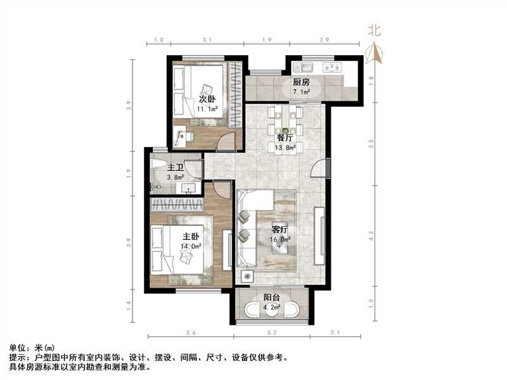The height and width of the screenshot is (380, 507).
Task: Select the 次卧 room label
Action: pyautogui.click(x=207, y=99)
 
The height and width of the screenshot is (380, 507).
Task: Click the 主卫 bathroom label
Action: pyautogui.click(x=176, y=168)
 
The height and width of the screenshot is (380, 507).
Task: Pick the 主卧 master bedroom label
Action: pyautogui.click(x=191, y=237)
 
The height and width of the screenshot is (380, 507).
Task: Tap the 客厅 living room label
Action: pyautogui.click(x=281, y=231)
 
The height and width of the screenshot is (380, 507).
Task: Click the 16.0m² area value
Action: pyautogui.click(x=281, y=240)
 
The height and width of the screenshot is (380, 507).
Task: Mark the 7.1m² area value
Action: pyautogui.click(x=301, y=92)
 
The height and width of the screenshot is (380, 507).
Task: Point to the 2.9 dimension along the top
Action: pyautogui.click(x=324, y=40)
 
